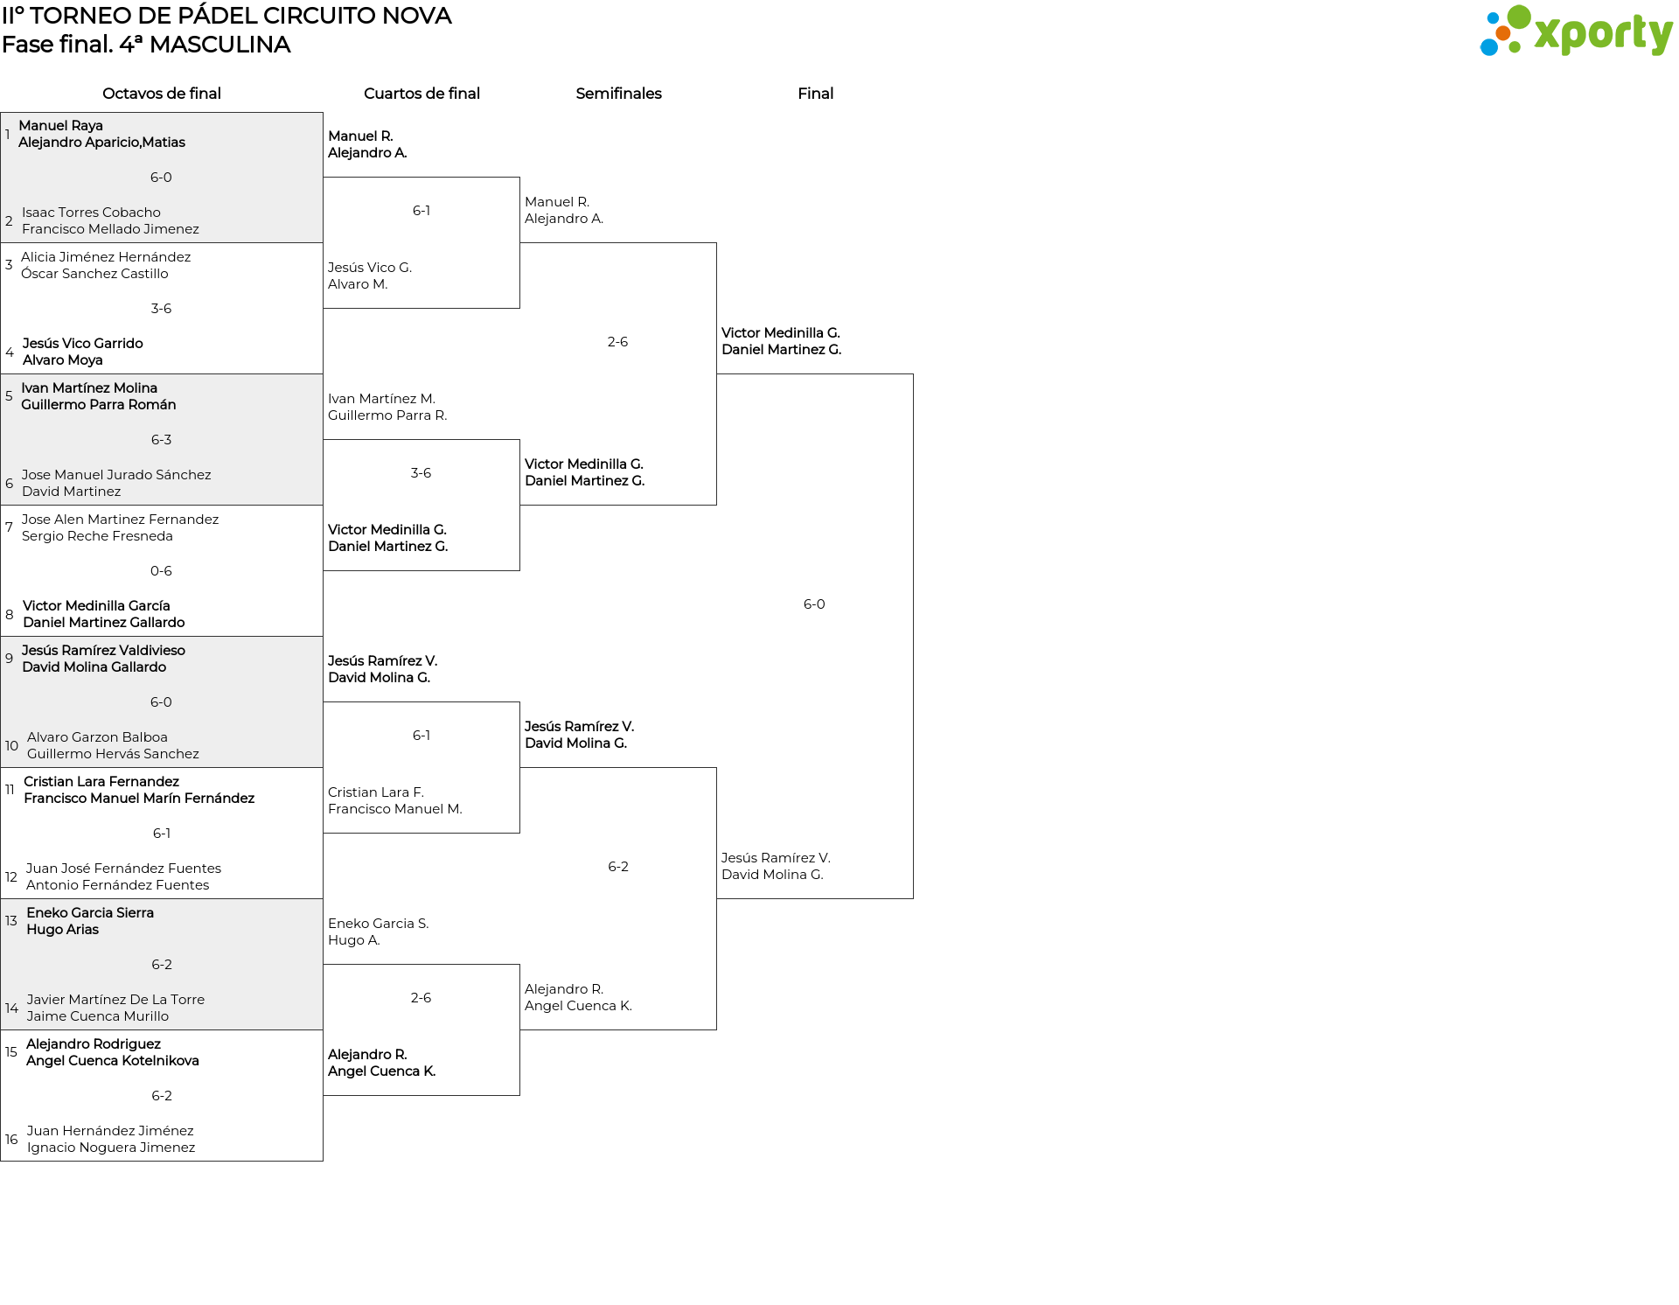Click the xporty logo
tap(1576, 31)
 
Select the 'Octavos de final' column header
tap(162, 94)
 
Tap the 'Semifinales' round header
tap(618, 94)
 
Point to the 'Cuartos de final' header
tap(421, 94)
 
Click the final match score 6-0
tap(814, 604)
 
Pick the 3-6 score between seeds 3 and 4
tap(161, 309)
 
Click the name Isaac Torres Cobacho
tap(91, 213)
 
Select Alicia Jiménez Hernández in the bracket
tap(106, 257)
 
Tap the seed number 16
tap(11, 1140)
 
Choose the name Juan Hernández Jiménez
tap(110, 1131)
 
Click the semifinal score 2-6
tap(617, 342)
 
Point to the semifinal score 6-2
tap(618, 867)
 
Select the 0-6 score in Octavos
tap(161, 571)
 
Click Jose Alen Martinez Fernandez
tap(120, 520)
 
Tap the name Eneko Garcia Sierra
tap(90, 913)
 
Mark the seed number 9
tap(9, 659)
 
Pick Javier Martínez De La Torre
tap(115, 1000)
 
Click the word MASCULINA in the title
tap(219, 45)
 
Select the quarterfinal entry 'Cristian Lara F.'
tap(376, 792)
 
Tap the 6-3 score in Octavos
tap(161, 440)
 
